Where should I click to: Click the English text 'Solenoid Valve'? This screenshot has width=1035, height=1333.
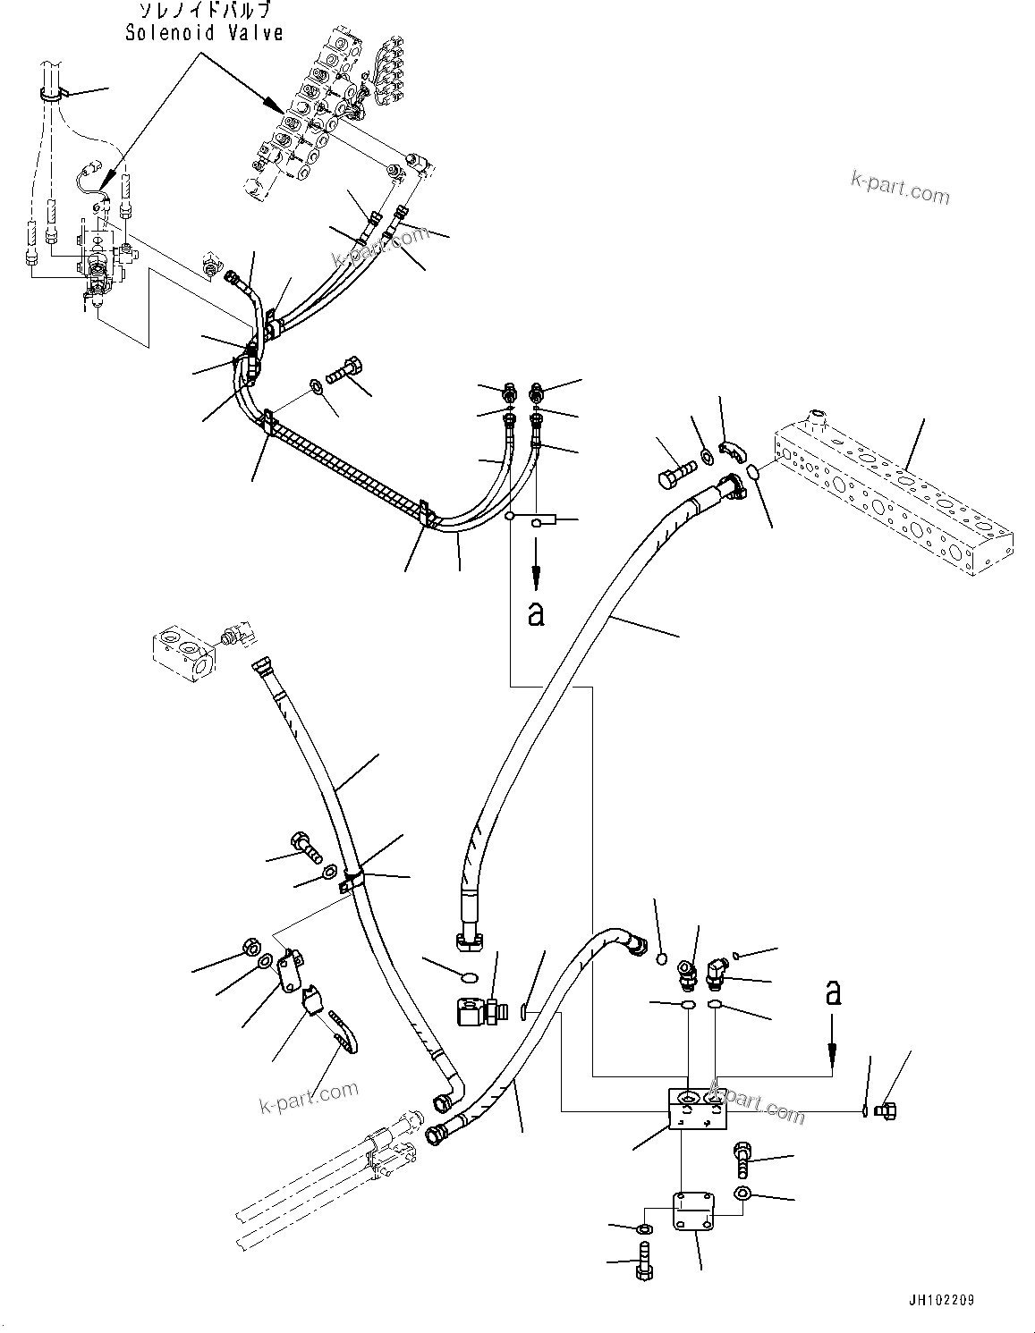coord(204,33)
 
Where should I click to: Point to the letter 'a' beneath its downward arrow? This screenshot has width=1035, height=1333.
coord(535,613)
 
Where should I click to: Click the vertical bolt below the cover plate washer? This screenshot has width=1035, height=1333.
coord(644,1260)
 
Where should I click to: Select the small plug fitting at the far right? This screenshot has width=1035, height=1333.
coord(887,1110)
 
